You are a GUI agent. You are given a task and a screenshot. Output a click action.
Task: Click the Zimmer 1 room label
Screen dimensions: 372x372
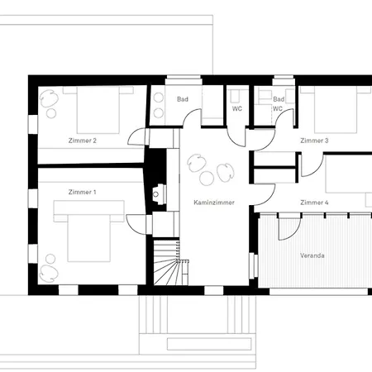(x=82, y=192)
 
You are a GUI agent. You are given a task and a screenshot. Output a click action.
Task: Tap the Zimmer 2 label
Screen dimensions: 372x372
(x=83, y=141)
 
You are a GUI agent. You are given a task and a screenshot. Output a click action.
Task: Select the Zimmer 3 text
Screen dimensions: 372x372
(x=314, y=141)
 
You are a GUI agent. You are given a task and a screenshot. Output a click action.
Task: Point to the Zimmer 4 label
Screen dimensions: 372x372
(x=314, y=203)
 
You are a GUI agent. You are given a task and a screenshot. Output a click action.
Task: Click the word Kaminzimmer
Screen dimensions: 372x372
(x=214, y=203)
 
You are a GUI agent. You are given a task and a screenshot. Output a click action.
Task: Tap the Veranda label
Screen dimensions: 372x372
(x=312, y=255)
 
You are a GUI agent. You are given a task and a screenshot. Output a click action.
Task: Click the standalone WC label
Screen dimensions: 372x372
(x=237, y=108)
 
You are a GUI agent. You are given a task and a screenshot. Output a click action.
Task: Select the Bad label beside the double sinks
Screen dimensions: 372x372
(x=183, y=99)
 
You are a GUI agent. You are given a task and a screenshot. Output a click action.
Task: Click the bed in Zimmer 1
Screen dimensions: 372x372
(x=88, y=231)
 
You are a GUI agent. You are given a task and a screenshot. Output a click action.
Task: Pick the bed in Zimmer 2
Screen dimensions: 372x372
(x=98, y=110)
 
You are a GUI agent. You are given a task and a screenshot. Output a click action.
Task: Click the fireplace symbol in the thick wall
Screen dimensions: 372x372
(x=159, y=194)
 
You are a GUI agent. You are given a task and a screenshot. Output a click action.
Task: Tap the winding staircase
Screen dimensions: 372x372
(x=171, y=263)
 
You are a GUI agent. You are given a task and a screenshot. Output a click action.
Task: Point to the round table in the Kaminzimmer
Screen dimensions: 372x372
(x=207, y=179)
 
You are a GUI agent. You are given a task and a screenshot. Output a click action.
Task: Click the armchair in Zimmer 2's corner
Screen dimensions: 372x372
(x=49, y=99)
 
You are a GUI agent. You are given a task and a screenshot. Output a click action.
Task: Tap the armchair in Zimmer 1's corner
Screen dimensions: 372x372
(x=49, y=274)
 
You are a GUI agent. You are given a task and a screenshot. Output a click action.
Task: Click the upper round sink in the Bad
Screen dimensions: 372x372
(x=159, y=98)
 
